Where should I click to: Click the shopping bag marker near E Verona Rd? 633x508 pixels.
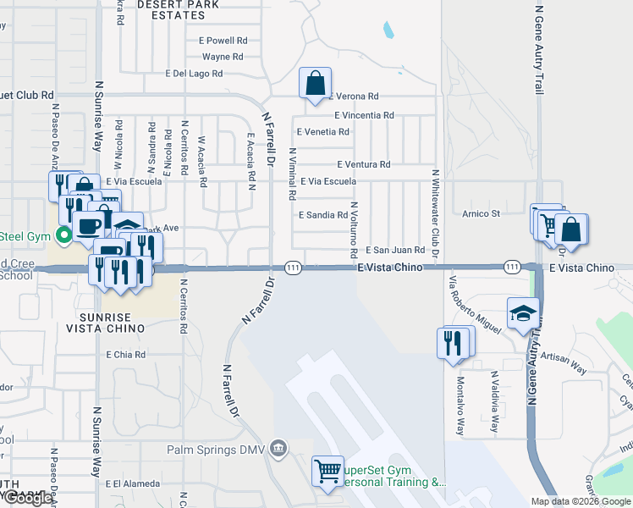click(x=315, y=84)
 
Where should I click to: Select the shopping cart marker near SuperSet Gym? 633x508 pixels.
click(x=328, y=471)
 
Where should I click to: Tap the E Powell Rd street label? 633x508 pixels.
click(x=223, y=40)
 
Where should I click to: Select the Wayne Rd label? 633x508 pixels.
click(x=223, y=58)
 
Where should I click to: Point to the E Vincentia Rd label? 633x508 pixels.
click(x=364, y=115)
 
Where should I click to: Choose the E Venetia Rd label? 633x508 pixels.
click(x=323, y=132)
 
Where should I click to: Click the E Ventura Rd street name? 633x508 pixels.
click(x=363, y=164)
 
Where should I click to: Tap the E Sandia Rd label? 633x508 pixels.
click(x=323, y=215)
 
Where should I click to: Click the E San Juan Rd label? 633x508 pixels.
click(x=394, y=250)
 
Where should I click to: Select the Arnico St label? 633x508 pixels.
click(x=481, y=213)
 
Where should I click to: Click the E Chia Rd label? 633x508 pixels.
click(x=125, y=355)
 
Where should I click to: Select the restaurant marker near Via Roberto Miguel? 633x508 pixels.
click(x=455, y=342)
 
